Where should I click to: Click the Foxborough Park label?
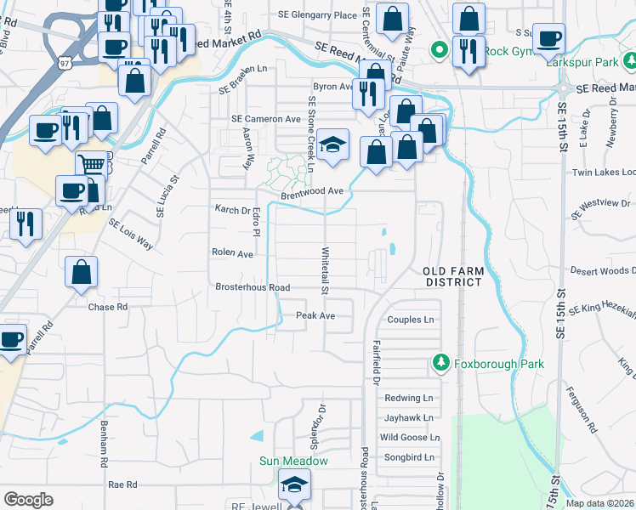coord(499,364)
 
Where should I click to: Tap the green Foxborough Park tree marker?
coord(440,364)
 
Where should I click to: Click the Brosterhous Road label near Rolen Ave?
coord(253,287)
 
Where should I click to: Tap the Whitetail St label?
coord(325,270)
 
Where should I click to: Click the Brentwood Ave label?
coord(312,191)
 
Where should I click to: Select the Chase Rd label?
coord(108,307)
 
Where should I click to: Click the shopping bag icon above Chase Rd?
coord(81,272)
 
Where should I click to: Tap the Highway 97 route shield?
coord(65,63)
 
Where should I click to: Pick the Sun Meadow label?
coord(293,461)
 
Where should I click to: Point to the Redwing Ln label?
coord(409,398)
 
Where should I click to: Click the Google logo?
coord(29,499)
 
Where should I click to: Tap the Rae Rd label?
coord(123,484)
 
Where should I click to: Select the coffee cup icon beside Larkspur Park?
coord(549,37)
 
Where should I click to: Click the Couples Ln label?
coord(411,320)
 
